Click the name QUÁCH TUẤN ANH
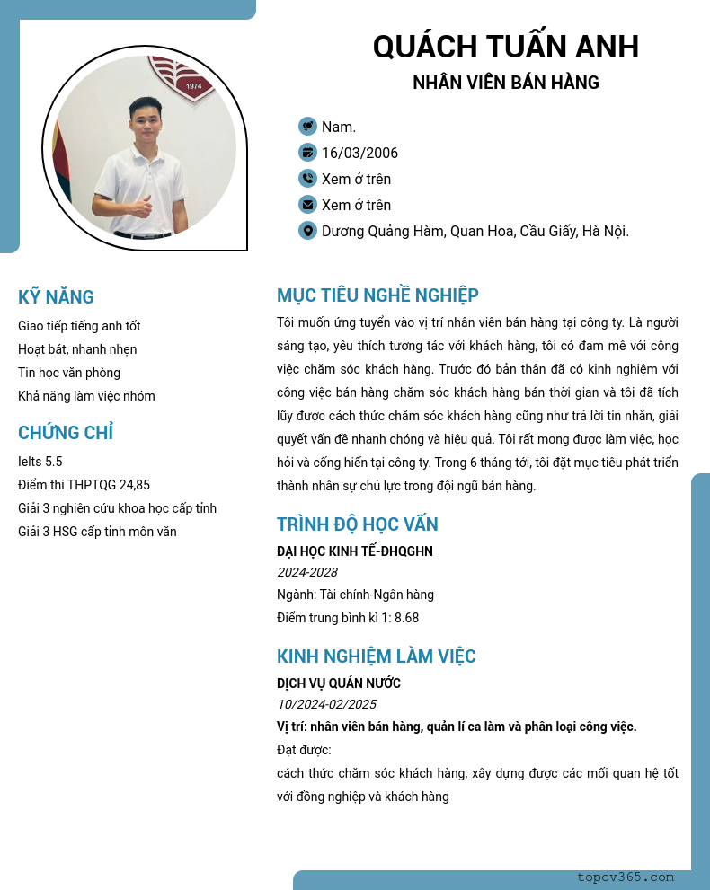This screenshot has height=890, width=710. [505, 46]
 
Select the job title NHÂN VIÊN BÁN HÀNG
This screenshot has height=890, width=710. [505, 83]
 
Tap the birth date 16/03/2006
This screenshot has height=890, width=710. [359, 153]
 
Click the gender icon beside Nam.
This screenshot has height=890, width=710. [307, 127]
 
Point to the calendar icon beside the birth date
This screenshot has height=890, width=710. [307, 153]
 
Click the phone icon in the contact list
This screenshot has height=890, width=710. [307, 179]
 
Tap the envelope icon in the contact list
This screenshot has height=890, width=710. [307, 205]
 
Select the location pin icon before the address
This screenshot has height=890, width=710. [307, 231]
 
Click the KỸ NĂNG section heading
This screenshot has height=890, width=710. [56, 297]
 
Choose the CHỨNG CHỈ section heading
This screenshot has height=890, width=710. [66, 433]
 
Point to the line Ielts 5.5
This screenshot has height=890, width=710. [40, 462]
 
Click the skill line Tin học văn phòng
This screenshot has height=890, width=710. [69, 373]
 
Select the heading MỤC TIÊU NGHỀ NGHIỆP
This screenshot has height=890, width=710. [377, 295]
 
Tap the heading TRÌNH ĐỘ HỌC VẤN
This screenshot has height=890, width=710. [357, 524]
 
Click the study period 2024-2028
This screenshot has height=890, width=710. [306, 572]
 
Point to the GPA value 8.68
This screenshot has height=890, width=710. [406, 618]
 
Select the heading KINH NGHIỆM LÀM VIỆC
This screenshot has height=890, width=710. [376, 656]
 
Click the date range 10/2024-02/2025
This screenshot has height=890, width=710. [326, 704]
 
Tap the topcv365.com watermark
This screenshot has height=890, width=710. [626, 877]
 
